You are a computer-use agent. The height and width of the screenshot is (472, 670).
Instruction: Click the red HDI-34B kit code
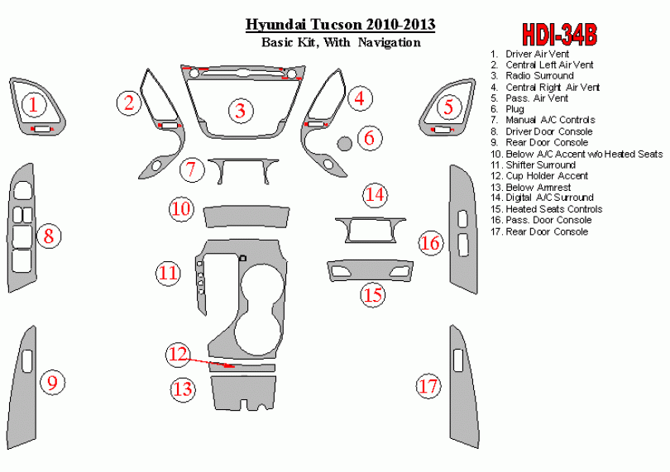tap(559, 35)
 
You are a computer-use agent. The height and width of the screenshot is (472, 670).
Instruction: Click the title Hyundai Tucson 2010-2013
tap(340, 24)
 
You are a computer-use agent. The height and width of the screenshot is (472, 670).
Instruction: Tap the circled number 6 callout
tap(369, 137)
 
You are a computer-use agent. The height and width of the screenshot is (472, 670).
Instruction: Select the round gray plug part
tap(345, 143)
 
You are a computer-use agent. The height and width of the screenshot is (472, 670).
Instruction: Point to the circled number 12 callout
tap(178, 355)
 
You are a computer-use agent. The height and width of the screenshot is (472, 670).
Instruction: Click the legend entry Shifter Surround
tap(540, 164)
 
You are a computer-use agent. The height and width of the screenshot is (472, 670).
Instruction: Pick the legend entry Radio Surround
tap(539, 75)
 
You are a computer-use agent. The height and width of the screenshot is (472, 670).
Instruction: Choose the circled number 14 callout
tap(376, 195)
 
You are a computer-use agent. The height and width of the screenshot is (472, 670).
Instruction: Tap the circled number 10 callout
tap(181, 209)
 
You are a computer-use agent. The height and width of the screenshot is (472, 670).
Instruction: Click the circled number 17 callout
tap(428, 386)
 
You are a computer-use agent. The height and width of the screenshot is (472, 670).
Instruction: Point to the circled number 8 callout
tap(49, 236)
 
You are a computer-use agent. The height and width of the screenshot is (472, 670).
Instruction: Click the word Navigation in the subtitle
tap(390, 42)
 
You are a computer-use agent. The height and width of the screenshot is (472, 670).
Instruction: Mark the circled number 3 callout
tap(241, 111)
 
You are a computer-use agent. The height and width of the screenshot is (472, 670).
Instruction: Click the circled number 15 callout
tap(373, 295)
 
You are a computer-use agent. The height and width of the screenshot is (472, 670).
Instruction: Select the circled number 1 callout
tap(33, 105)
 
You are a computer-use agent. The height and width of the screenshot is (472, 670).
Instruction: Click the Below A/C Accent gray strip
tap(246, 217)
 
